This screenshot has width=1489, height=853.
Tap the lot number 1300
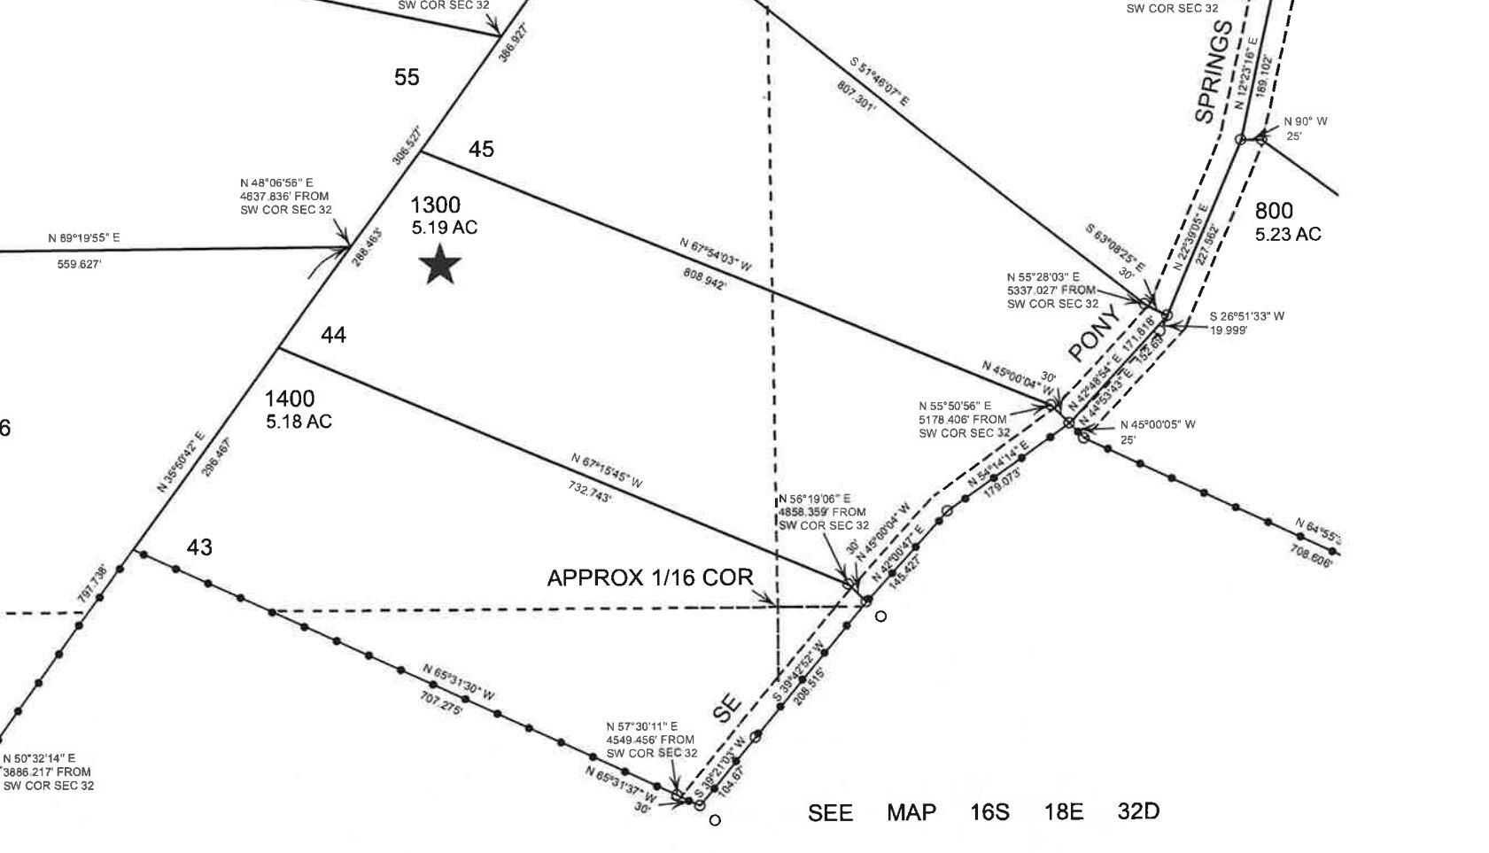click(x=435, y=205)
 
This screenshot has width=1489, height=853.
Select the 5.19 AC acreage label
click(x=444, y=228)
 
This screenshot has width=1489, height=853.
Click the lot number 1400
click(x=290, y=399)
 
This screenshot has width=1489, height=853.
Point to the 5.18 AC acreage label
click(x=299, y=422)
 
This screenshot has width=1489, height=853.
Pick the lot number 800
click(x=1274, y=211)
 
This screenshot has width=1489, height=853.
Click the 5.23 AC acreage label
click(x=1287, y=234)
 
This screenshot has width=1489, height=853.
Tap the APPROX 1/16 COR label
click(x=649, y=578)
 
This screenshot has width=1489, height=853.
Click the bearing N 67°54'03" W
click(x=716, y=254)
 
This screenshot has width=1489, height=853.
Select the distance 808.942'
click(x=705, y=279)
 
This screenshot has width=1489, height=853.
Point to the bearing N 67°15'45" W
click(x=607, y=471)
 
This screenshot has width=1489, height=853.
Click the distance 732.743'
click(x=589, y=492)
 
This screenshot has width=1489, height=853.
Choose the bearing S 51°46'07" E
click(x=880, y=82)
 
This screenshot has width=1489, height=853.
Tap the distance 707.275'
click(x=441, y=704)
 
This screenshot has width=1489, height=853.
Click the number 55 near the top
click(x=407, y=77)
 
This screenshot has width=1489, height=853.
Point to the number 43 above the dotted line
click(x=199, y=547)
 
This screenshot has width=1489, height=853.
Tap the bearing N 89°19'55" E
click(x=84, y=238)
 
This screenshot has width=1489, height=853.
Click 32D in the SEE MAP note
click(x=1138, y=811)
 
